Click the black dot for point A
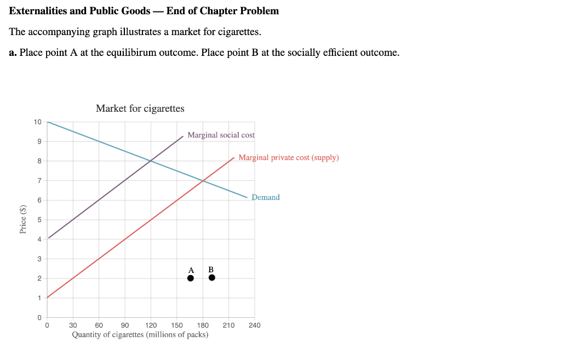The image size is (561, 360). [191, 278]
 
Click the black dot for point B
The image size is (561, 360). [212, 277]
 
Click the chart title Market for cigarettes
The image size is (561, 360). [140, 108]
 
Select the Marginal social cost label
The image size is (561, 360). [221, 135]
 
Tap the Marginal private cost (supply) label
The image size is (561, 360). [289, 158]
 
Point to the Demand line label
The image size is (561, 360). [266, 197]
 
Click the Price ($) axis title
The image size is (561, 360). [23, 219]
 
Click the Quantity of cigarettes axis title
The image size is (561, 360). [140, 334]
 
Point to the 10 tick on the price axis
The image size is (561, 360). [37, 122]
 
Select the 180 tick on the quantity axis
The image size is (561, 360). [203, 325]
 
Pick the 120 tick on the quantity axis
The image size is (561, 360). [151, 325]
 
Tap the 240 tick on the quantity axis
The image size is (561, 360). [255, 325]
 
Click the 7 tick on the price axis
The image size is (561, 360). [39, 180]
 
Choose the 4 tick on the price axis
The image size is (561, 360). [39, 239]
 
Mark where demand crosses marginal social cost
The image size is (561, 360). [151, 161]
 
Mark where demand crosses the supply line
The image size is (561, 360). [203, 180]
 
